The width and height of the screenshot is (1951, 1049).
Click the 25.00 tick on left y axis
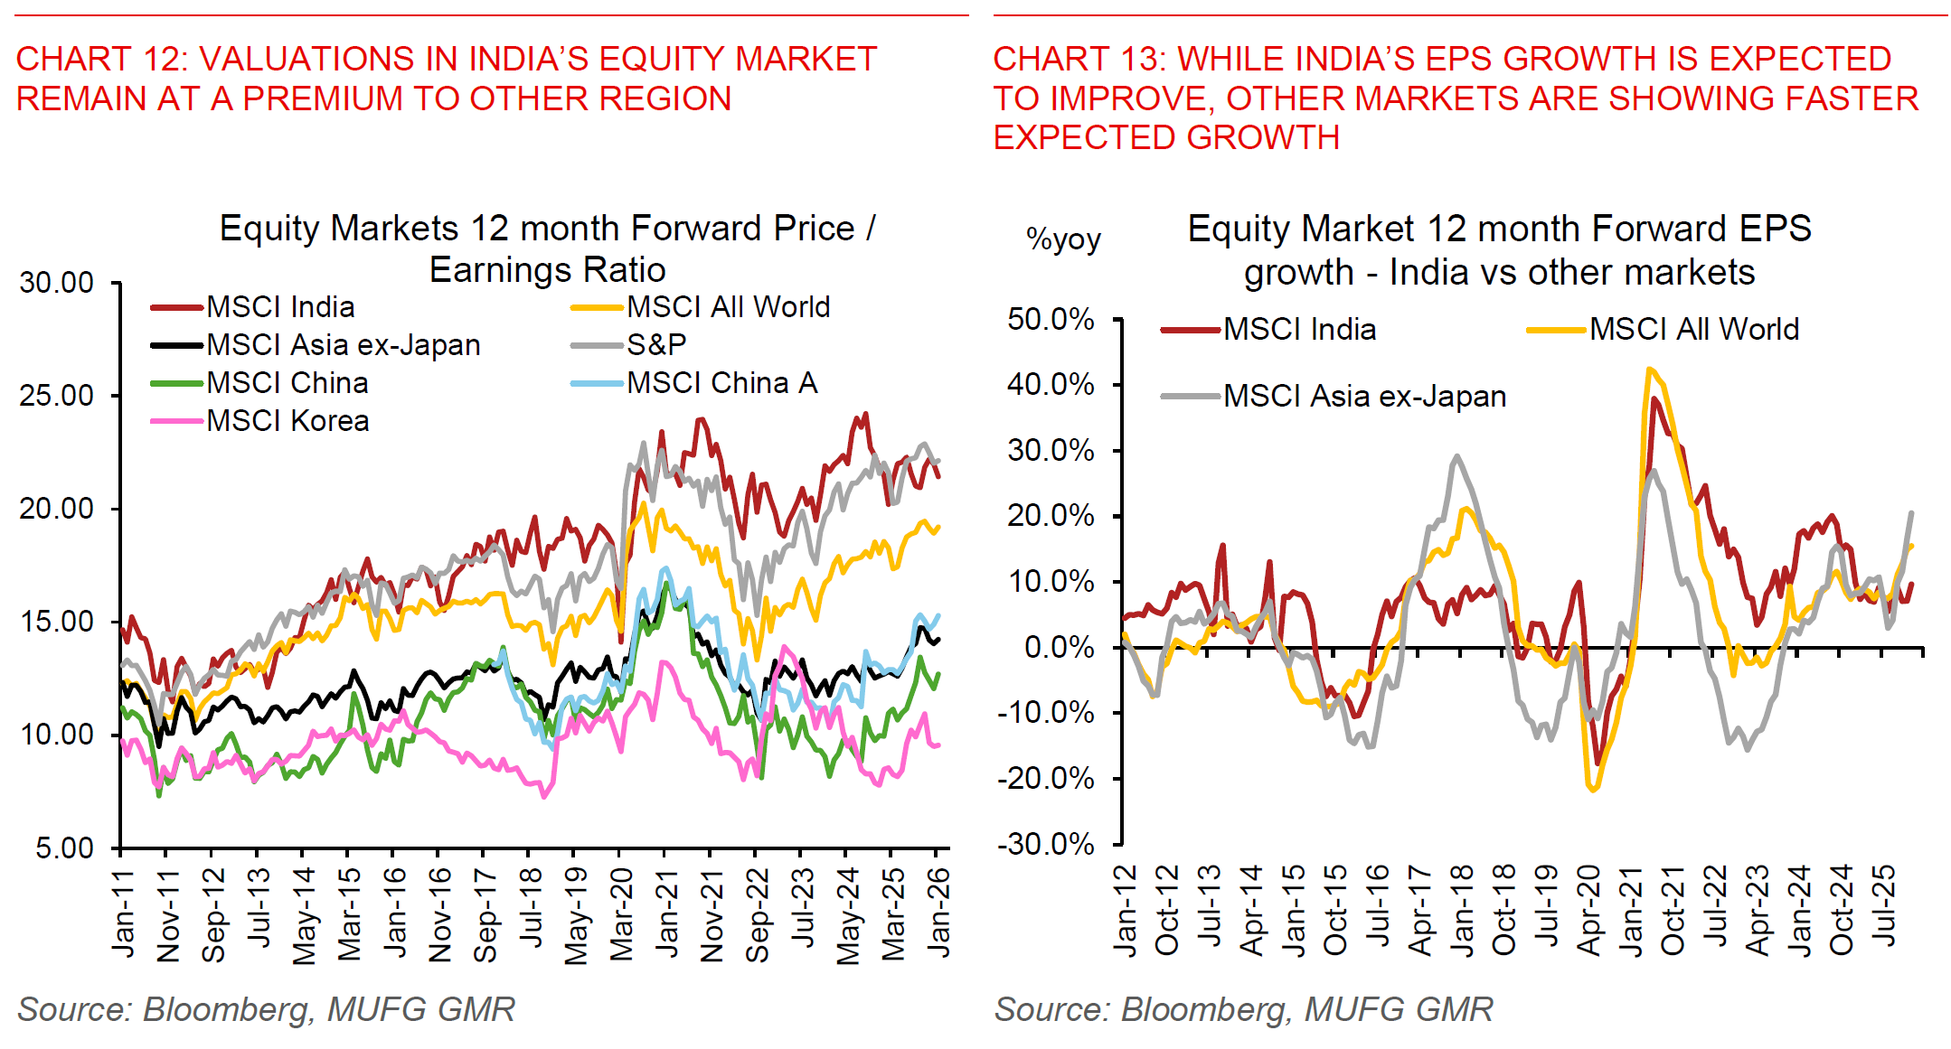click(56, 396)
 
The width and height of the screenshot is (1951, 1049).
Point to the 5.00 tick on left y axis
click(64, 848)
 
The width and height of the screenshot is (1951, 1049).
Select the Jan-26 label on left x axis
click(938, 913)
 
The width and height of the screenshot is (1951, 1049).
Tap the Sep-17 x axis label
click(485, 915)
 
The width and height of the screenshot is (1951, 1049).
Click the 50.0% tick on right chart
click(1050, 319)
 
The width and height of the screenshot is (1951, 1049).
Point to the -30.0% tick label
click(1045, 845)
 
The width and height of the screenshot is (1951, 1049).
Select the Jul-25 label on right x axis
click(1884, 906)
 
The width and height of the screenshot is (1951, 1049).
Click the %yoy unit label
click(1063, 240)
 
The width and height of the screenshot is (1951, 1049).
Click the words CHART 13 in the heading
click(1076, 60)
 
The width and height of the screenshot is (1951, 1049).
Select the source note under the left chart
click(266, 1009)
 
